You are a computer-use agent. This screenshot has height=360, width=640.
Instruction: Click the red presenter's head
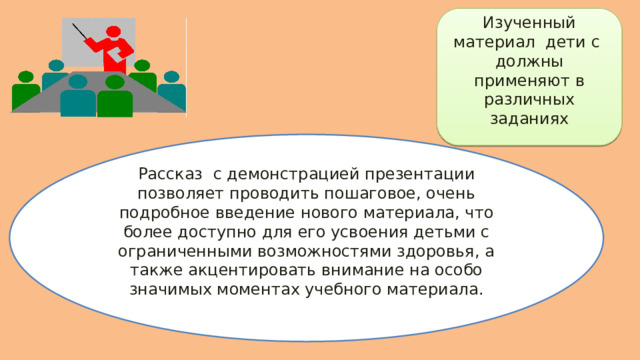pyautogui.click(x=113, y=35)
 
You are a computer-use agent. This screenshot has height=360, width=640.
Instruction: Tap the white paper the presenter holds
pyautogui.click(x=125, y=49)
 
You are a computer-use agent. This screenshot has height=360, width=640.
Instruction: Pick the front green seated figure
pyautogui.click(x=115, y=96)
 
